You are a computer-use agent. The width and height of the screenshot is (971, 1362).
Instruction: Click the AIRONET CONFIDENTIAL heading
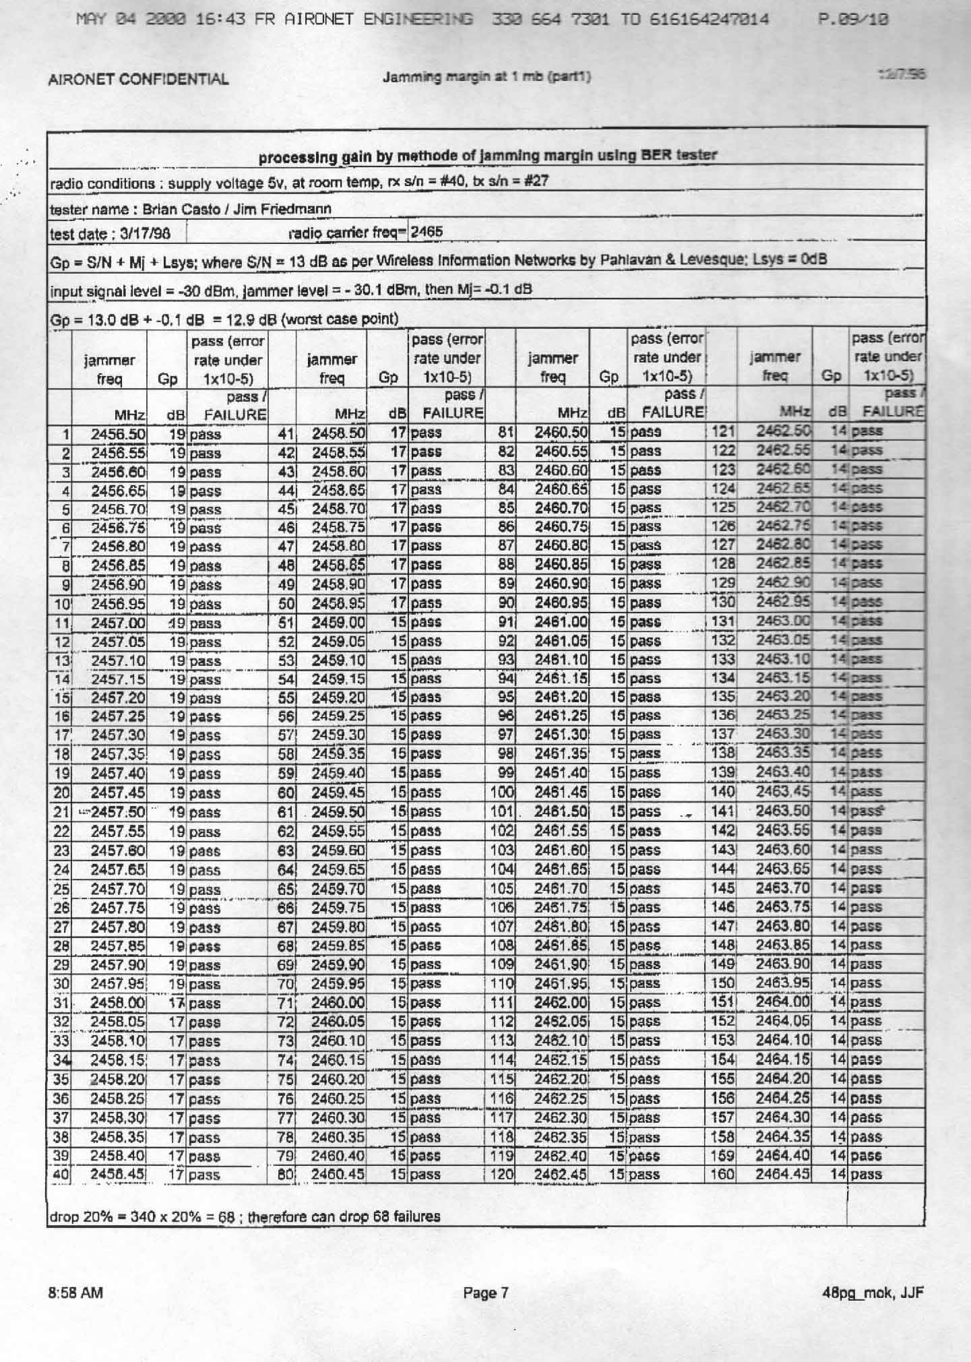click(x=138, y=80)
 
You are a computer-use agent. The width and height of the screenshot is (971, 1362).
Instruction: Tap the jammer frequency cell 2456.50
click(x=118, y=434)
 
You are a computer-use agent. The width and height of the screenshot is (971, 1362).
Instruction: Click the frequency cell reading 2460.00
click(x=338, y=1002)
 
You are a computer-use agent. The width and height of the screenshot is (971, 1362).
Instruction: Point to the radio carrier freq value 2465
click(x=427, y=232)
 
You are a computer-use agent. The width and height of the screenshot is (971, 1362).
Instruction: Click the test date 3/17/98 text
click(x=110, y=234)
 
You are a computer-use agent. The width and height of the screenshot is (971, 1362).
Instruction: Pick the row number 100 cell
click(x=501, y=792)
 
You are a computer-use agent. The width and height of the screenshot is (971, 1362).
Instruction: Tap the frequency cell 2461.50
click(x=561, y=811)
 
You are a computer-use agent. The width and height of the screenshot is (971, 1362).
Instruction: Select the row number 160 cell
click(x=722, y=1174)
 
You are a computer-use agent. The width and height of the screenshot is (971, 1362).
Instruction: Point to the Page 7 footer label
click(x=485, y=1293)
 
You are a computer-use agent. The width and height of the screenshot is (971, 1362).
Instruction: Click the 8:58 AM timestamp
click(x=75, y=1293)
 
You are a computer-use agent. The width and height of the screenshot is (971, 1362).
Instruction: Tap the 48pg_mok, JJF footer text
click(x=873, y=1293)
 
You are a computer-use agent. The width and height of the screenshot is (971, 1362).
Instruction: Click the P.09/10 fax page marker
click(x=853, y=20)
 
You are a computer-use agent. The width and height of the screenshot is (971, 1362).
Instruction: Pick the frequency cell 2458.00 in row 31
click(x=118, y=1003)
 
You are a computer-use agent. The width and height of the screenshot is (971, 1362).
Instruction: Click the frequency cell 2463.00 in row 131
click(x=783, y=621)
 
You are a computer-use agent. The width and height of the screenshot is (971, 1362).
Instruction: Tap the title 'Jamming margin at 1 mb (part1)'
click(x=487, y=77)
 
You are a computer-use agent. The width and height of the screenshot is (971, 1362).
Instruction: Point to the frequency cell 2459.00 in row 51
click(x=338, y=622)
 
